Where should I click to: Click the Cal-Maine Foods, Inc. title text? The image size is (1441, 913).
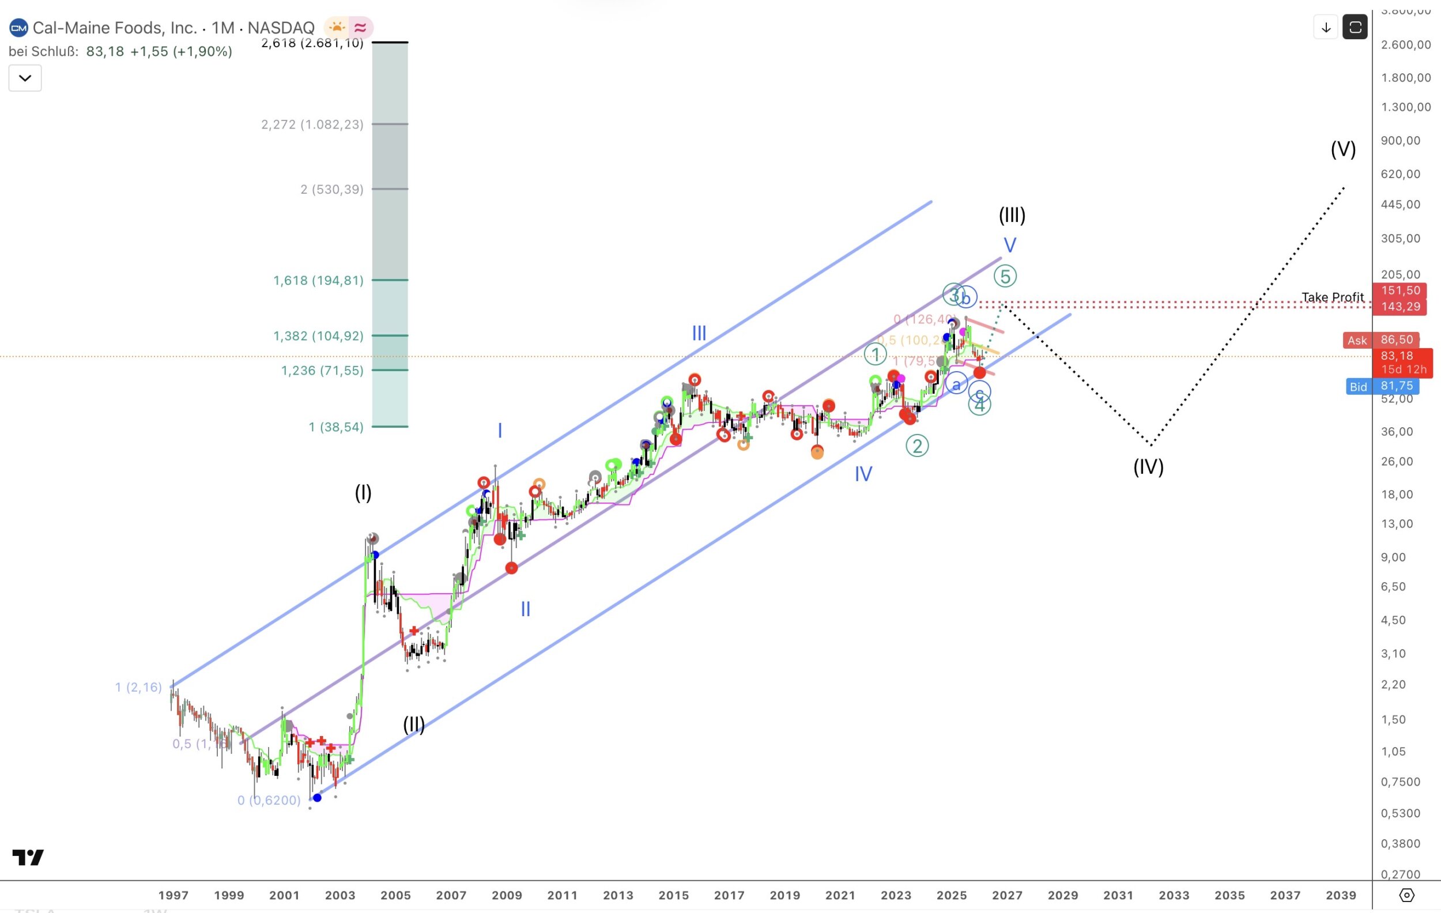114,28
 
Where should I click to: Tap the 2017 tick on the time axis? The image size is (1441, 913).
729,895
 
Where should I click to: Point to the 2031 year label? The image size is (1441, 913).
1118,895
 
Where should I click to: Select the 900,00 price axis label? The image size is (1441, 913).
1400,141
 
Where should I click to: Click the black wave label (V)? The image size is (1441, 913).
1343,149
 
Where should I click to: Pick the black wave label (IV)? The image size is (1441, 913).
1148,467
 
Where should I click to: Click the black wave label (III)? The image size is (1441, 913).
1012,215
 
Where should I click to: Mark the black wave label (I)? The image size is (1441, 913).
363,492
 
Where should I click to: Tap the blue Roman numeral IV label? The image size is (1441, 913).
863,474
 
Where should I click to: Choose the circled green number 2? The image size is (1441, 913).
917,446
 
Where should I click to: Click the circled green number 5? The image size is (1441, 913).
1005,277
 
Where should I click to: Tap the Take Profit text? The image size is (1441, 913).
1332,297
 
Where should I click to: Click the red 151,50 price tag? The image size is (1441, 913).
1400,290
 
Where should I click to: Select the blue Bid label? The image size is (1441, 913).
1358,387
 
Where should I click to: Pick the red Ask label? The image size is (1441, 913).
1357,341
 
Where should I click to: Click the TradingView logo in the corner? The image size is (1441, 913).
28,857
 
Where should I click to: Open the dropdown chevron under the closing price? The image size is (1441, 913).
25,78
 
